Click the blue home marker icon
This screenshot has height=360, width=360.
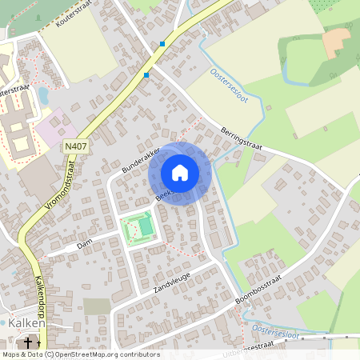[180, 173]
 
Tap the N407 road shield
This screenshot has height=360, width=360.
[74, 146]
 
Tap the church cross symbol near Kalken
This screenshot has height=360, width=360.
[29, 342]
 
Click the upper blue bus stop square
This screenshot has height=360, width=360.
[162, 43]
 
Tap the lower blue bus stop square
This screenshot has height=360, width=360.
[146, 75]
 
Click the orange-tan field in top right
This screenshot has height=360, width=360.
[337, 42]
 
